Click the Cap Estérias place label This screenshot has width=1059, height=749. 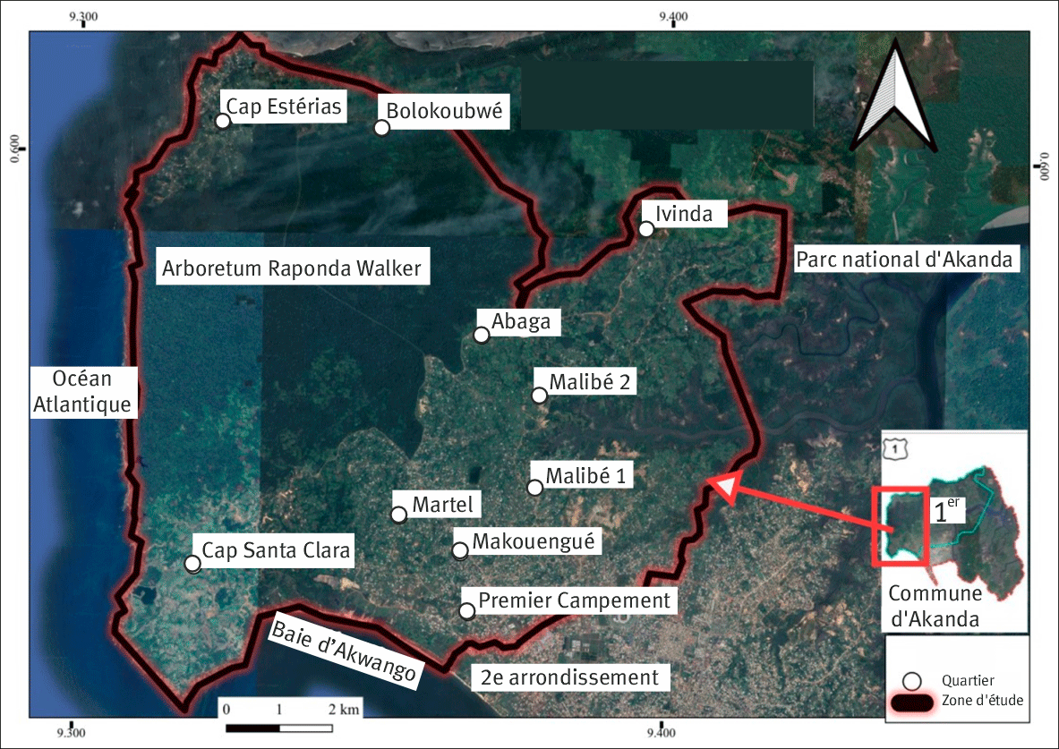(284, 107)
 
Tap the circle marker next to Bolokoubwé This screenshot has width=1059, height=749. (382, 127)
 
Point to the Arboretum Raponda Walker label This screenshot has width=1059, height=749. (291, 268)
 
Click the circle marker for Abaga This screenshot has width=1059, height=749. (482, 335)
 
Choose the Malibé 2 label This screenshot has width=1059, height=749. (591, 382)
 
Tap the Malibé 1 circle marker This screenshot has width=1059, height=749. (535, 488)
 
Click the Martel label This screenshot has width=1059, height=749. (442, 505)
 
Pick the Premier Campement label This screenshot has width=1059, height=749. (574, 600)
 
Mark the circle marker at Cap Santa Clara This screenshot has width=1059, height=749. (192, 564)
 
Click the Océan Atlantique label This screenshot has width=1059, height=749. (82, 391)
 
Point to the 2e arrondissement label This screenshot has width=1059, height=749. (569, 677)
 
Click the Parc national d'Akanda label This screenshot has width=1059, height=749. (907, 260)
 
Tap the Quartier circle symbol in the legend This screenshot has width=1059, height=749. (912, 680)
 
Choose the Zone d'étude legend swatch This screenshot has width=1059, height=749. (912, 702)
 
